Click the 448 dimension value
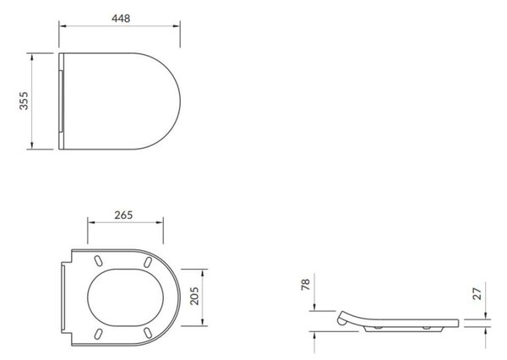[x=121, y=19]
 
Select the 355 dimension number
[x=24, y=101]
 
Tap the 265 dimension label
[x=123, y=215]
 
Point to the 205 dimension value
[x=194, y=296]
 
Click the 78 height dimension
[x=306, y=284]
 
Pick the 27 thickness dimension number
[x=477, y=293]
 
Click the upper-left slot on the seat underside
[x=98, y=261]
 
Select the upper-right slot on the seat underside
[x=148, y=262]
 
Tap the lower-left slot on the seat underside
[x=98, y=334]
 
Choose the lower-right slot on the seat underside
[x=148, y=333]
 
